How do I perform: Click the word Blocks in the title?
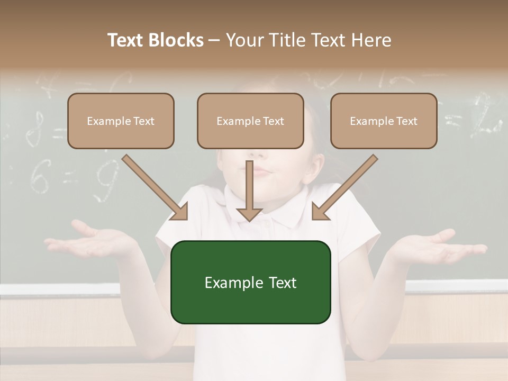(178, 40)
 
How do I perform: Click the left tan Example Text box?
(121, 121)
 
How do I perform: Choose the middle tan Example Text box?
(250, 121)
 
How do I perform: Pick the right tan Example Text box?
(384, 121)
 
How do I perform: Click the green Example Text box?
(250, 282)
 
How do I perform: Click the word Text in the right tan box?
(406, 121)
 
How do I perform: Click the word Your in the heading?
(244, 40)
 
